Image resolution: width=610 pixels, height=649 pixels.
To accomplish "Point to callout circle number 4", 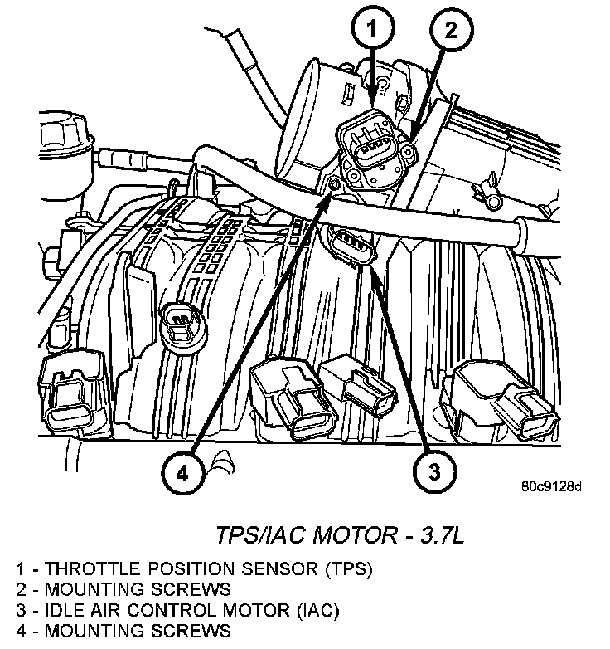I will [181, 473].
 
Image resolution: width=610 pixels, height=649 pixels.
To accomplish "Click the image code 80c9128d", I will [553, 486].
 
